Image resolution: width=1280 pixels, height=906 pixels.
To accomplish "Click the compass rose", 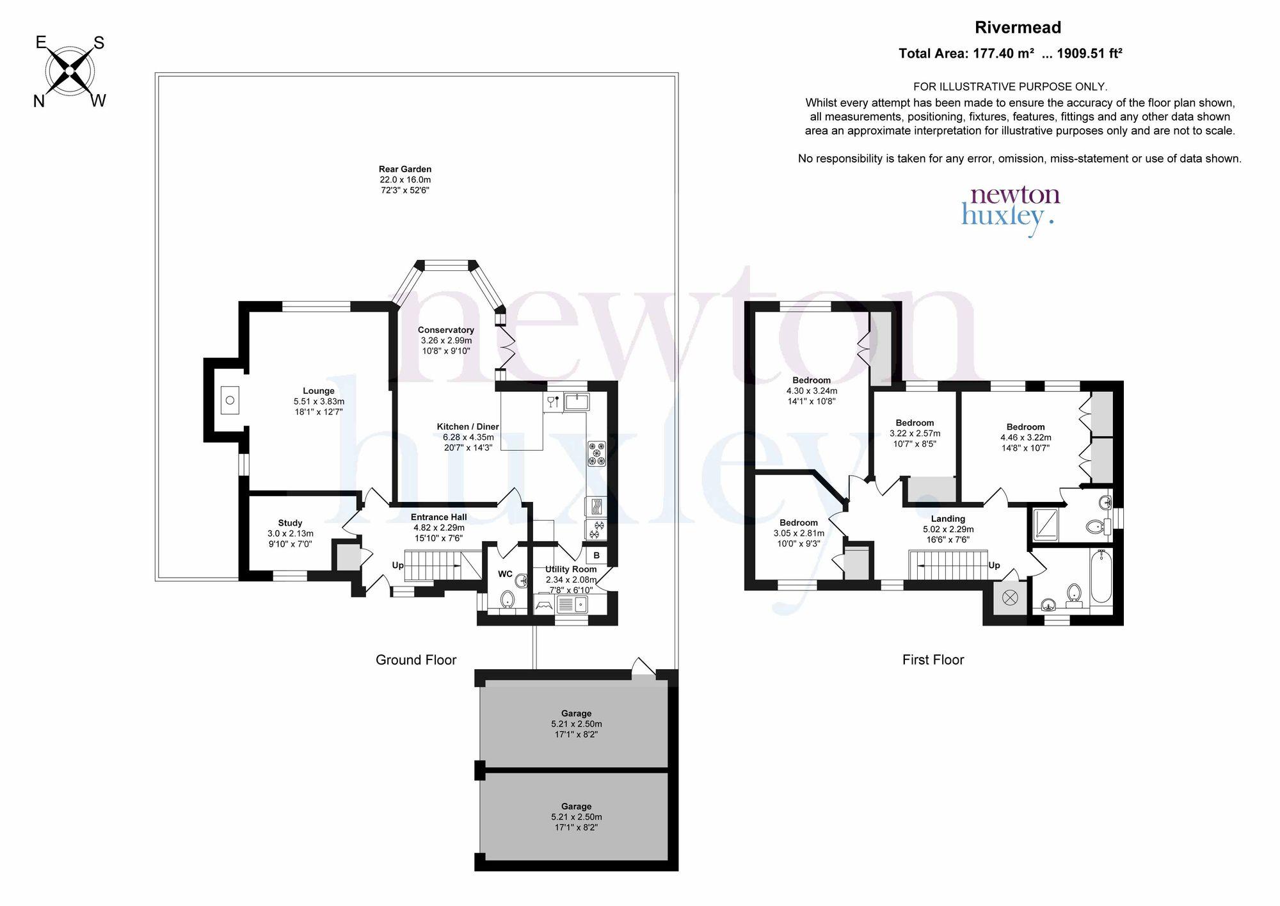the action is tap(70, 71).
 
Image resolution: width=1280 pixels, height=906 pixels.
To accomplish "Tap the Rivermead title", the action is tap(1018, 28).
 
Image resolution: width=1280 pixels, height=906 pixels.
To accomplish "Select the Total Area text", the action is tap(1011, 54).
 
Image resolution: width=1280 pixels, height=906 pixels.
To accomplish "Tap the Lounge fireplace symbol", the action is tap(230, 401).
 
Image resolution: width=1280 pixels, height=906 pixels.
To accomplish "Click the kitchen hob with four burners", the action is tap(596, 453).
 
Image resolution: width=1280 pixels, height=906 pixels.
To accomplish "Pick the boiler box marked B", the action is tap(596, 555).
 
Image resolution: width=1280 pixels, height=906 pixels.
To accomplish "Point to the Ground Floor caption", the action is tap(416, 660).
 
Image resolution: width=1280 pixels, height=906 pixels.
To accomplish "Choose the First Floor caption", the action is tap(933, 660).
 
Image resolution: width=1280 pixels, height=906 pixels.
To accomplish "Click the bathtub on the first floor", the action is tap(1101, 576).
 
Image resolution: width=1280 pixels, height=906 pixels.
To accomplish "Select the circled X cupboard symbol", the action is tap(1010, 598).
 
